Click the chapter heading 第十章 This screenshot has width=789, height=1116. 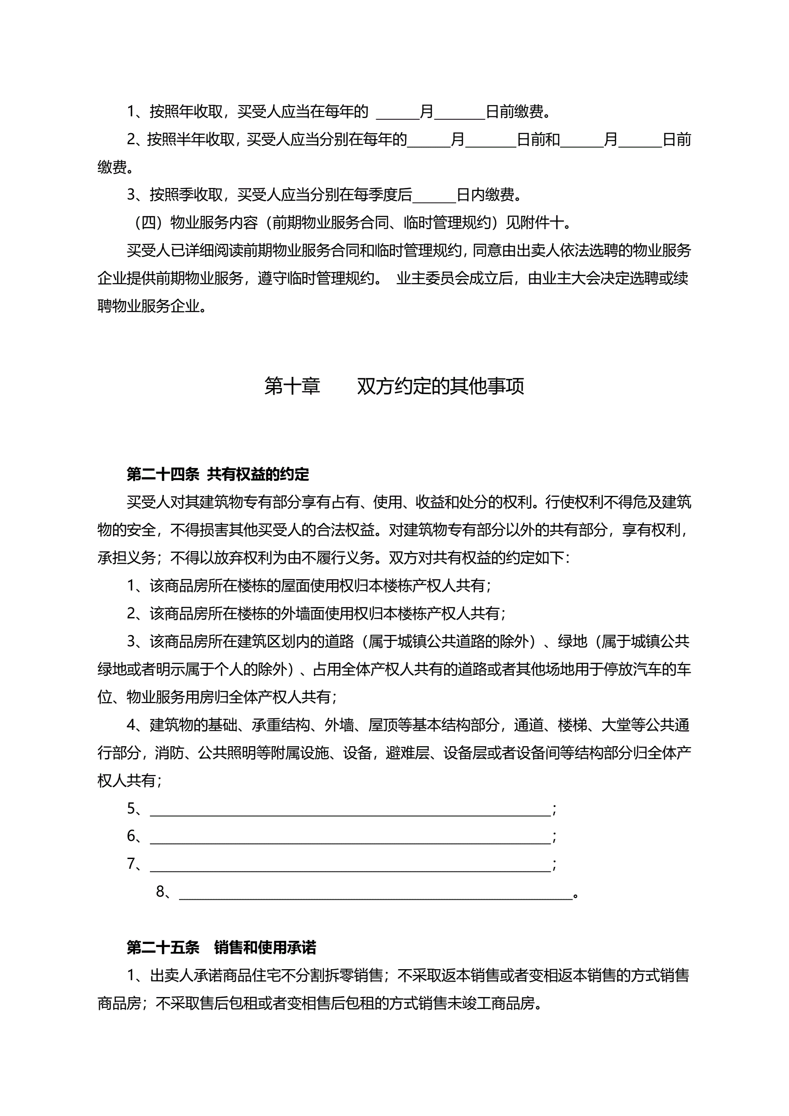click(x=292, y=386)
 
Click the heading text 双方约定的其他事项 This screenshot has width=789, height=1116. click(x=440, y=386)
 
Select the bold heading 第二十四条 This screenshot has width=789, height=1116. click(x=163, y=474)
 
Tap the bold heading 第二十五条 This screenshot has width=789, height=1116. click(x=163, y=947)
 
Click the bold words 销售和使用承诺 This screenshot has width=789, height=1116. click(x=265, y=947)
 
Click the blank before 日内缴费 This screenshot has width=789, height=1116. click(x=434, y=196)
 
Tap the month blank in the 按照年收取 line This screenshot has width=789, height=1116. click(x=397, y=112)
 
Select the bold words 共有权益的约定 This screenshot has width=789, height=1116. click(x=258, y=474)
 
